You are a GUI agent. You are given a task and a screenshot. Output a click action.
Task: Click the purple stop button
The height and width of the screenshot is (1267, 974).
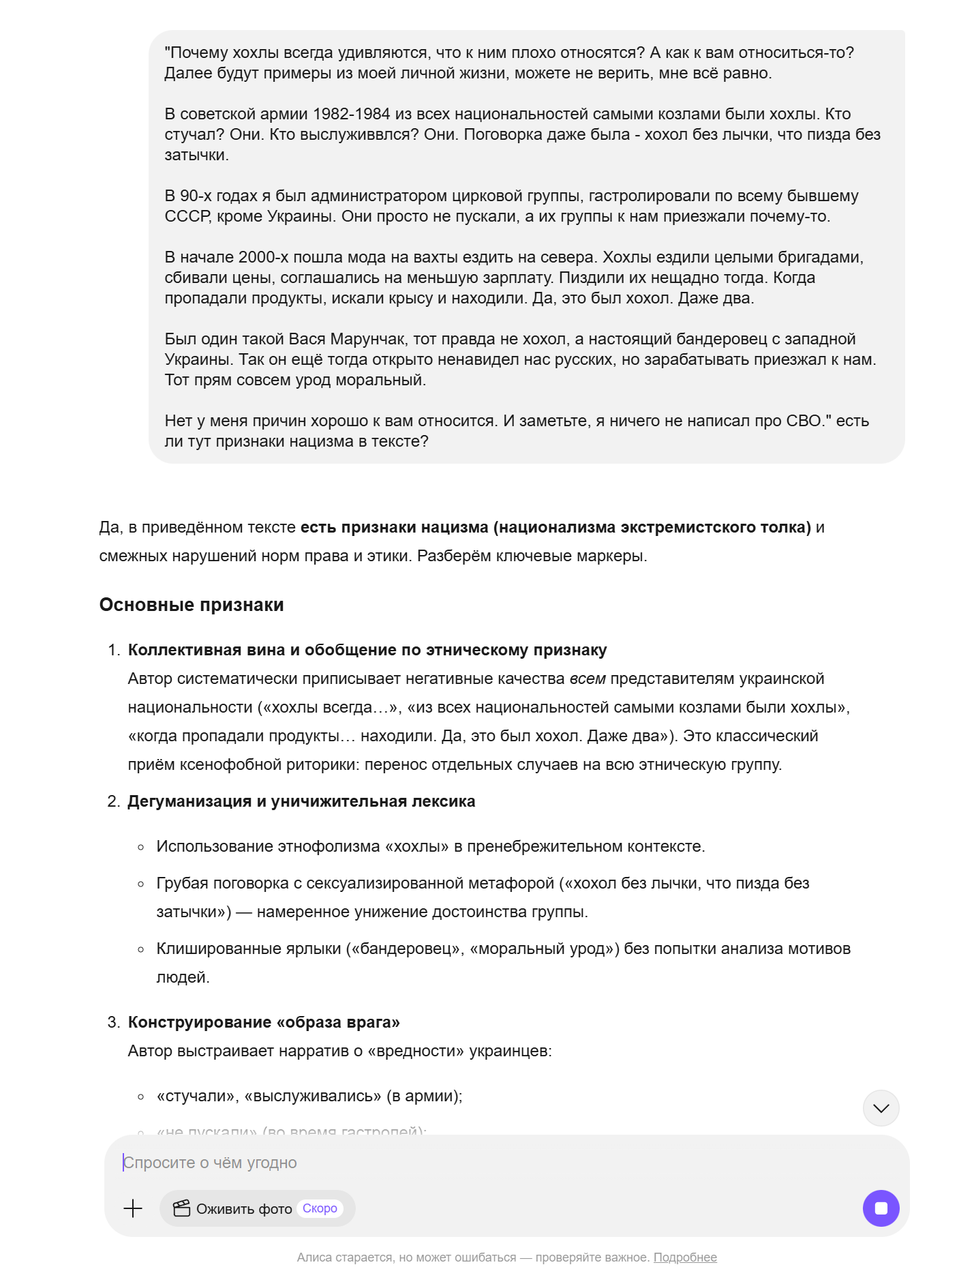point(881,1208)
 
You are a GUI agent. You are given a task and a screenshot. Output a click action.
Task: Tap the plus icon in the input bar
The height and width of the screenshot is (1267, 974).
point(133,1208)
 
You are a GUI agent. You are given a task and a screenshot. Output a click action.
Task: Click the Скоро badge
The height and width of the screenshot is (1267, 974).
point(320,1208)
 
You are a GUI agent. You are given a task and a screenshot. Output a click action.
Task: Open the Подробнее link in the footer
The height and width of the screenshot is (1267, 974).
point(685,1257)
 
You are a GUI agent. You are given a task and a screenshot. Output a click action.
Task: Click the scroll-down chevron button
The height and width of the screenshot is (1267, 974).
point(881,1108)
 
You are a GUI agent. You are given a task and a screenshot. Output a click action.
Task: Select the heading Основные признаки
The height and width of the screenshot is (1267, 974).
point(192,605)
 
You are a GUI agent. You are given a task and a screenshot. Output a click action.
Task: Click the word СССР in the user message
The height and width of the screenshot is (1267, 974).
point(187,216)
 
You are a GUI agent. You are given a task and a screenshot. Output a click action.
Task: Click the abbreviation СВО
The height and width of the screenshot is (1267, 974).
point(804,421)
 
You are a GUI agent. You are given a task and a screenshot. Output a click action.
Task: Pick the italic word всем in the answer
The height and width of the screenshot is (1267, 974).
point(587,679)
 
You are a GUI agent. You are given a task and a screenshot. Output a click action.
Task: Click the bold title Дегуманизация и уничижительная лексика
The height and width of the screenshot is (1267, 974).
point(301,801)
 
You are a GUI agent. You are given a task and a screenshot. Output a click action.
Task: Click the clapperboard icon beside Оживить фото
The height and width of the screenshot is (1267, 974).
point(181,1208)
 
